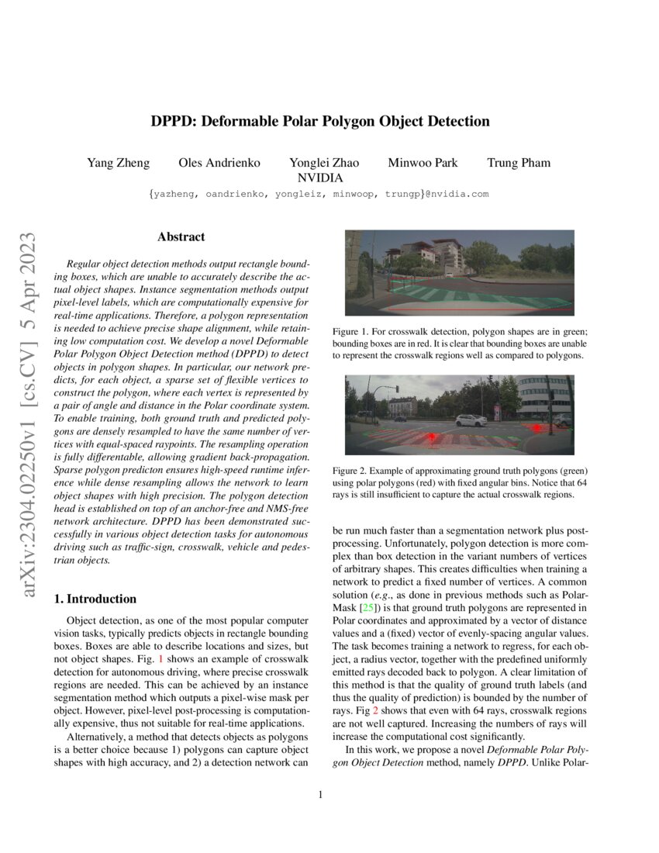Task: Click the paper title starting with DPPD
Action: (x=319, y=122)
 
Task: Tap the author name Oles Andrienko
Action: (x=219, y=163)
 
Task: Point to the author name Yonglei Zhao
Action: (x=324, y=163)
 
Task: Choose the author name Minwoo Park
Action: (x=423, y=163)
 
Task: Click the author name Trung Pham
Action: (x=519, y=163)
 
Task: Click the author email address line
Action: (x=319, y=194)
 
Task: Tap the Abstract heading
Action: (x=181, y=237)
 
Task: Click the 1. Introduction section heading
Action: (x=95, y=599)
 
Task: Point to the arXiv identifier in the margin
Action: (x=29, y=415)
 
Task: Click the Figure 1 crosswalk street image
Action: (x=459, y=272)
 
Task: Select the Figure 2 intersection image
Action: (x=459, y=416)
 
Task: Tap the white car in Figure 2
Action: (x=471, y=420)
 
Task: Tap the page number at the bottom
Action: (x=319, y=794)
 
